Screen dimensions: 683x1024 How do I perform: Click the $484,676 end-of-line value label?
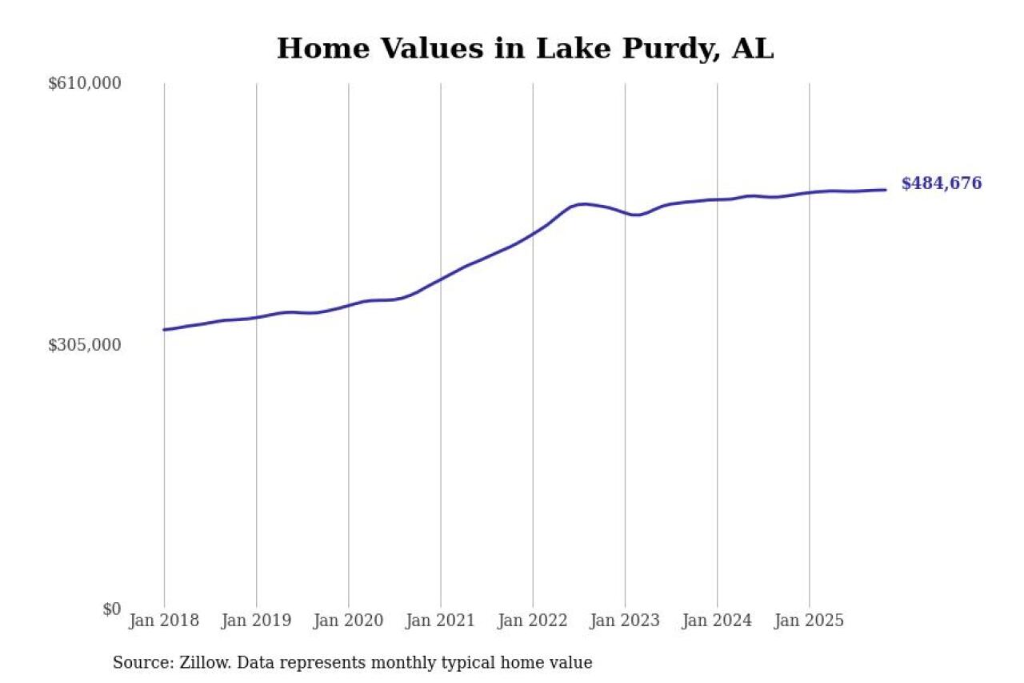941,183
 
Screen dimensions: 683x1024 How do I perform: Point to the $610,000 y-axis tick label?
85,83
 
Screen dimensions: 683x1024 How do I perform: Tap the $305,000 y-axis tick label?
85,345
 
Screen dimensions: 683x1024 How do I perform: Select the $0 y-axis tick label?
111,609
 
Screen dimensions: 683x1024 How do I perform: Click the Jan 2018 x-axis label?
164,621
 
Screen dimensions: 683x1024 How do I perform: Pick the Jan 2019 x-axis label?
256,621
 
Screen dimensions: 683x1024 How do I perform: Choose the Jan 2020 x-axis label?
348,621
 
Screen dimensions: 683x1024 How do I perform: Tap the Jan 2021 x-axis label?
440,621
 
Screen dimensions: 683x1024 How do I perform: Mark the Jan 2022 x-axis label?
533,621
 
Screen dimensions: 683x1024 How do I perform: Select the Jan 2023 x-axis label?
625,621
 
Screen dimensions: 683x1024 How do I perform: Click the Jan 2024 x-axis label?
717,621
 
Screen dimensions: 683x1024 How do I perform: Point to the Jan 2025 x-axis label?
809,621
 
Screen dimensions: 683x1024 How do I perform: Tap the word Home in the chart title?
314,49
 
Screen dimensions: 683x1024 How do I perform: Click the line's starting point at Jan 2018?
164,329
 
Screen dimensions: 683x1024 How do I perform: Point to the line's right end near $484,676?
886,190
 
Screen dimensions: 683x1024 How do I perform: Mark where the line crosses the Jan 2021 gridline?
441,279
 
